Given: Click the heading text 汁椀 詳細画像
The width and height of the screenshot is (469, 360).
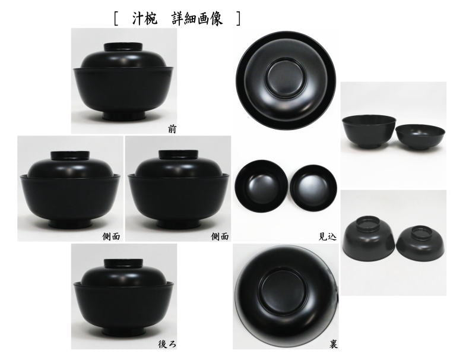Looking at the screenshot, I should click(178, 18).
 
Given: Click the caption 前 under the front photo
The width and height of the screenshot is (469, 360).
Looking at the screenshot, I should click(172, 128).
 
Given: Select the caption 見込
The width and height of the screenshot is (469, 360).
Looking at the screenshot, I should click(328, 236).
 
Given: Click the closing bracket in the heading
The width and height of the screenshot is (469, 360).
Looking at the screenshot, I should click(239, 19).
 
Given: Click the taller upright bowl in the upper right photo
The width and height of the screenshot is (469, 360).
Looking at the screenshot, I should click(368, 130).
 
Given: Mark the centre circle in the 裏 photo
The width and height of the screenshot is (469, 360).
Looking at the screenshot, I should click(286, 291).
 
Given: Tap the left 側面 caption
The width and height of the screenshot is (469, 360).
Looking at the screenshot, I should click(111, 236).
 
